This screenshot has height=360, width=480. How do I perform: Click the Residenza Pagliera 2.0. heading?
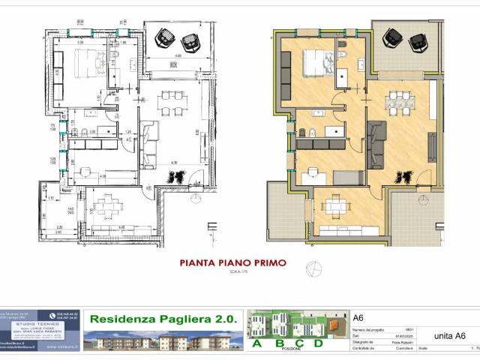163,319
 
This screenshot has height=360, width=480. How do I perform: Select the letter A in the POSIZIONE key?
258,343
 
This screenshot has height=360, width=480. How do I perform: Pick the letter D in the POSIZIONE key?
318,343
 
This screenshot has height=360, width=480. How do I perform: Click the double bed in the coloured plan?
319,63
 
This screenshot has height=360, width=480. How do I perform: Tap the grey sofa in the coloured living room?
374,142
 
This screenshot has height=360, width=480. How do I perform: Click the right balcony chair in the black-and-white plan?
187,35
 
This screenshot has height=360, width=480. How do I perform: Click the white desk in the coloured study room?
312,175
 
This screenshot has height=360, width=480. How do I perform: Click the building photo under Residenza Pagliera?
163,340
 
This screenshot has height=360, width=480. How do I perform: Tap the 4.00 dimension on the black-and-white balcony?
178,55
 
